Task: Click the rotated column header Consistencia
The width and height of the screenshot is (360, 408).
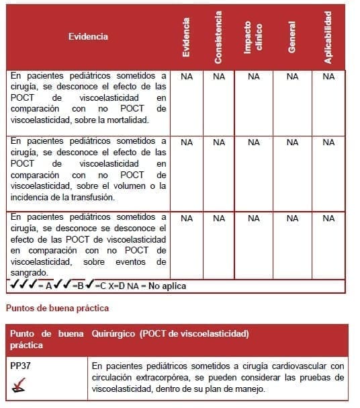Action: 218,38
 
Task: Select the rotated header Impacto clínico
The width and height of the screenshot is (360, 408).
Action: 253,38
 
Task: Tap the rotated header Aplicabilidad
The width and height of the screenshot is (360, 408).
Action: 328,38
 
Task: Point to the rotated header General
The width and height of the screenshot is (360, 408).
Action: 291,38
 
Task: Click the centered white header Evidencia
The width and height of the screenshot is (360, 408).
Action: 88,36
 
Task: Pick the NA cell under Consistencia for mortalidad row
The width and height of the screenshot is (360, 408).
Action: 219,77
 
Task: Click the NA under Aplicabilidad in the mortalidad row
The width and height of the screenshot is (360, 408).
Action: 328,77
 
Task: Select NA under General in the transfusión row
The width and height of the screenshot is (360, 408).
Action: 292,142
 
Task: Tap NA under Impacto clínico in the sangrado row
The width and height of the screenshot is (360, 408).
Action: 254,218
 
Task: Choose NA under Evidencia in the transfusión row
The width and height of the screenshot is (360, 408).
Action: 187,142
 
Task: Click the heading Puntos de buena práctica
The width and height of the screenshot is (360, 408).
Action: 57,309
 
